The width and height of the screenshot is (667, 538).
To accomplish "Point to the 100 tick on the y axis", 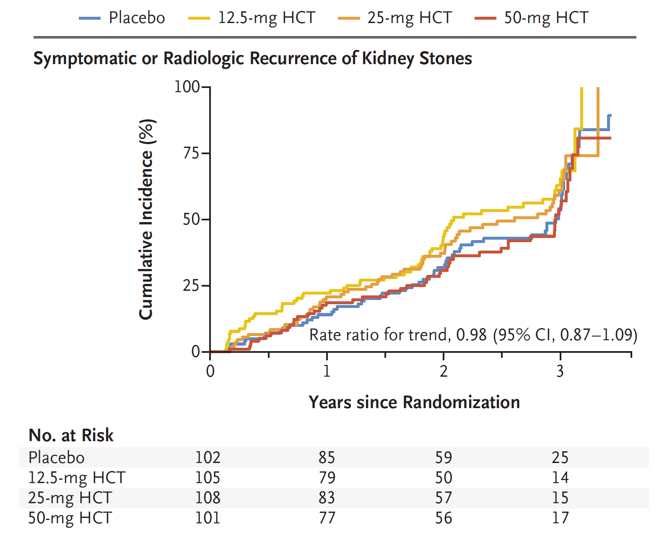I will [187, 87].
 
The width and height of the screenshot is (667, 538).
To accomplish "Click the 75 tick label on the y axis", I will [191, 153].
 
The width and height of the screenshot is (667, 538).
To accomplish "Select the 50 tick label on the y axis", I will [191, 220].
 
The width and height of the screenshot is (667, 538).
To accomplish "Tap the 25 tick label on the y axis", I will [191, 286].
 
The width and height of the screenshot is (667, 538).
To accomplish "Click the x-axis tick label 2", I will [444, 371].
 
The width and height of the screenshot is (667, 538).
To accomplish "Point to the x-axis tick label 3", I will [560, 371].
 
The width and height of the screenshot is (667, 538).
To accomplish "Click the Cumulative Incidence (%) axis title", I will [147, 219].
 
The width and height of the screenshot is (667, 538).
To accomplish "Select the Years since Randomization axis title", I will [414, 402].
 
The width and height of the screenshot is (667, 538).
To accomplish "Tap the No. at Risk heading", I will [71, 435].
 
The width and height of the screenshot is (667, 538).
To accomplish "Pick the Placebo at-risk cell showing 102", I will [208, 458].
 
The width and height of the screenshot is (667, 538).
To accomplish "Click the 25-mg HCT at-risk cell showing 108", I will [208, 498].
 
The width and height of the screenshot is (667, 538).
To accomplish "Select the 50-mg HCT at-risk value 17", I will [560, 518].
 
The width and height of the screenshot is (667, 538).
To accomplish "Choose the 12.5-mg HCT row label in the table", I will [77, 478].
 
